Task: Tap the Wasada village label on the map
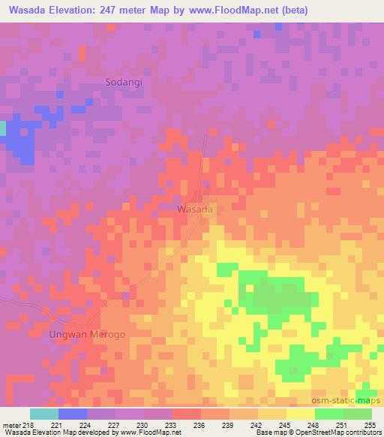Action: [196, 209]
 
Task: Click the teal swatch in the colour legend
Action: [44, 414]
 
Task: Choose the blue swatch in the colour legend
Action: [73, 414]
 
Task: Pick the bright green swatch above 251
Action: [329, 414]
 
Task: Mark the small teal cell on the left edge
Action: [2, 128]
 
